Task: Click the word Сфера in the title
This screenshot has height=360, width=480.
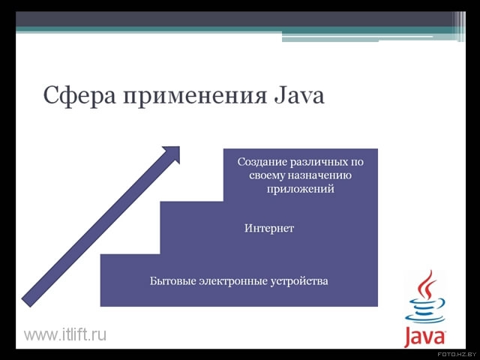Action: [x=80, y=95]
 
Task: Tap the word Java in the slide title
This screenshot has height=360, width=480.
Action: [x=298, y=95]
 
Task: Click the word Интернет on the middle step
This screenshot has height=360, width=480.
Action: [x=269, y=228]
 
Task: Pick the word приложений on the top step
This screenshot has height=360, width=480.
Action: [x=300, y=189]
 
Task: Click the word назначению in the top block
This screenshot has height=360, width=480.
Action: [x=319, y=175]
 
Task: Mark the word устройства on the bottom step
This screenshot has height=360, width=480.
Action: [x=299, y=281]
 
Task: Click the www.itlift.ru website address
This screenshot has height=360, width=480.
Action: [x=65, y=334]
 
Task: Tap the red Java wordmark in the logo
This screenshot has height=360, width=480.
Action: [x=424, y=336]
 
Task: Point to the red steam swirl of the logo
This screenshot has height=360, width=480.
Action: [x=427, y=285]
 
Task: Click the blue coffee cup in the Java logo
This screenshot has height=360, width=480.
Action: [x=425, y=310]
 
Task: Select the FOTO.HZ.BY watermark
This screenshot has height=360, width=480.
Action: [x=457, y=354]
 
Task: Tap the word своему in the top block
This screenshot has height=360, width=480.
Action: [x=267, y=175]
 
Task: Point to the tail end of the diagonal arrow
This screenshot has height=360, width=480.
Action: [x=26, y=302]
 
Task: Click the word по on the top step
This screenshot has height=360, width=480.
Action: [x=357, y=162]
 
